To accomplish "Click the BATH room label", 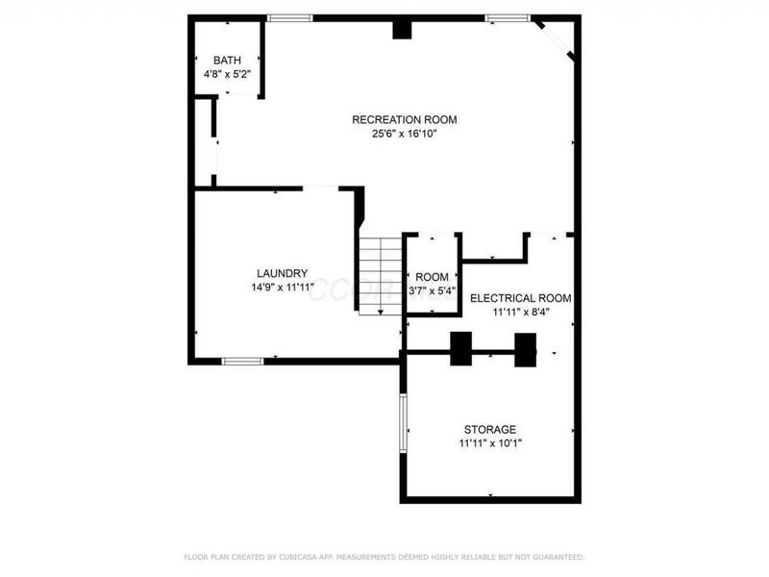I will [228, 60].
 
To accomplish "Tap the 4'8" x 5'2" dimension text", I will [228, 74].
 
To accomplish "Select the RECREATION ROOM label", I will [404, 120].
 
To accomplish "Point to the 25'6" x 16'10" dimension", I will [404, 135].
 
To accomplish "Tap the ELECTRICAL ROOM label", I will [520, 298].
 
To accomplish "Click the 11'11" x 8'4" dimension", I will [520, 313].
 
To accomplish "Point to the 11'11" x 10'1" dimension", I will [489, 443].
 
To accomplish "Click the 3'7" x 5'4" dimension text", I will [432, 290].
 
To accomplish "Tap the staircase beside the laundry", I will [380, 274].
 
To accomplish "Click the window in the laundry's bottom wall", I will [242, 361].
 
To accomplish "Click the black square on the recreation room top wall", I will [402, 30].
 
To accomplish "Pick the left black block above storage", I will [461, 348].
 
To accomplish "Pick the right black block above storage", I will [525, 348].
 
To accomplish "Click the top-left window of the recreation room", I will [289, 18].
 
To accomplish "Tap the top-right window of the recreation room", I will [506, 18].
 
